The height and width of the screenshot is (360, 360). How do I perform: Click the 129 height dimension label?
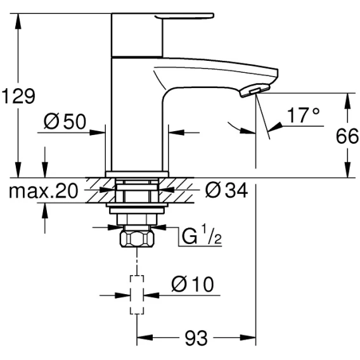click(x=18, y=96)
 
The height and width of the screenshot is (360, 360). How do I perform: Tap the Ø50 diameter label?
click(x=65, y=121)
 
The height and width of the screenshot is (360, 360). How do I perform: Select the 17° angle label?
click(x=304, y=115)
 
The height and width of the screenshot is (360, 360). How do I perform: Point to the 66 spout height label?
click(x=347, y=136)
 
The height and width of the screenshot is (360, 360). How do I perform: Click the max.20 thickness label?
click(x=43, y=190)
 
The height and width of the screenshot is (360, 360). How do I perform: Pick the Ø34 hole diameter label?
click(x=226, y=190)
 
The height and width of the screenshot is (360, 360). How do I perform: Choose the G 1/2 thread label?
click(x=202, y=235)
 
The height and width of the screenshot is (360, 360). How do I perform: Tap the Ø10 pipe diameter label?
click(x=193, y=284)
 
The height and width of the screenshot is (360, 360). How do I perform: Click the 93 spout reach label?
click(x=196, y=338)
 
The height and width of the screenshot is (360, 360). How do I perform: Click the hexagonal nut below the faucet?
click(x=137, y=239)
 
